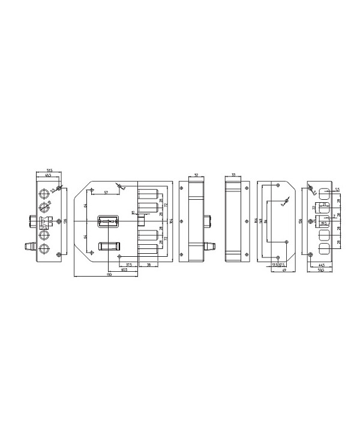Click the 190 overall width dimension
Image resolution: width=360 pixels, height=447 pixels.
(x=109, y=275)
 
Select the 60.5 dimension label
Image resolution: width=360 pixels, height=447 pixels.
(x=124, y=269)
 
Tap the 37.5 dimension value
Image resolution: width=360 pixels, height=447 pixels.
(x=129, y=263)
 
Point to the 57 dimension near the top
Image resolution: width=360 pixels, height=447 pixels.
(x=106, y=193)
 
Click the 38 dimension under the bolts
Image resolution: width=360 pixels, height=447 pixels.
(x=148, y=263)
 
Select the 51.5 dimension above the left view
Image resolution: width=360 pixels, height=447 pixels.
(x=49, y=171)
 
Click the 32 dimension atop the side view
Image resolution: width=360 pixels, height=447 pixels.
(x=197, y=175)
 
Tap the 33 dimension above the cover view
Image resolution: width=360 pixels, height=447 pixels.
(x=233, y=175)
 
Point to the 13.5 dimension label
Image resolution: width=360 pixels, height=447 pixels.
(x=274, y=263)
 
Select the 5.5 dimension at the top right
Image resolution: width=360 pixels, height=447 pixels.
(x=337, y=190)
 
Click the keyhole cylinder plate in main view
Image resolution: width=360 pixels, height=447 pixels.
(x=109, y=222)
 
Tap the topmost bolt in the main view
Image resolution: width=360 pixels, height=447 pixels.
(x=148, y=194)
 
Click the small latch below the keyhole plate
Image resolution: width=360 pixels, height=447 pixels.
(x=108, y=245)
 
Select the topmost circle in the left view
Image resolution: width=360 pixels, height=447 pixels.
(x=44, y=194)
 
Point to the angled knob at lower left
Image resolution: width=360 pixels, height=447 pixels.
(x=28, y=246)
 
